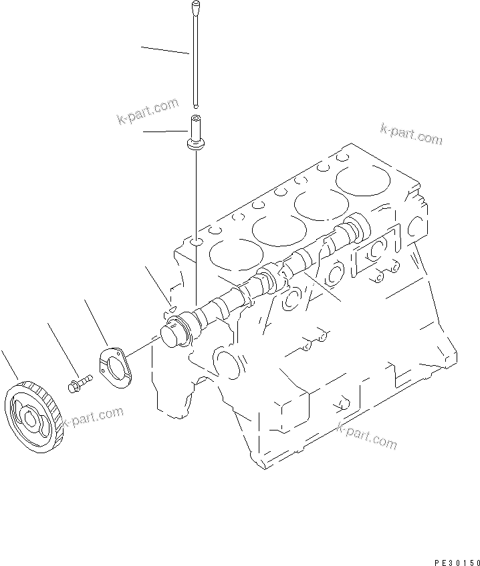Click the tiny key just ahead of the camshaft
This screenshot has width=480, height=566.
pyautogui.click(x=170, y=308)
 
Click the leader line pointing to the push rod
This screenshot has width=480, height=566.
pyautogui.click(x=164, y=50)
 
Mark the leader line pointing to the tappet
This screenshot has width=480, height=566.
pyautogui.click(x=164, y=131)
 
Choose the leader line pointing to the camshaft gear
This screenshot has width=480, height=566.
pyautogui.click(x=9, y=364)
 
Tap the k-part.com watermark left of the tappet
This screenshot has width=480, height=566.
pyautogui.click(x=147, y=111)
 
